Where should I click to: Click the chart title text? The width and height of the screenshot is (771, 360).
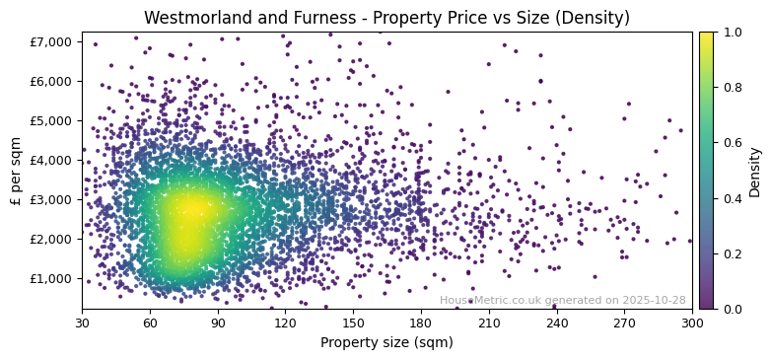click(x=386, y=18)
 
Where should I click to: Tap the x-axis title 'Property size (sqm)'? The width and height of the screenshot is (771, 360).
click(x=386, y=343)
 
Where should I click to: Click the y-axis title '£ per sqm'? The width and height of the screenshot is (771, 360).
click(x=17, y=171)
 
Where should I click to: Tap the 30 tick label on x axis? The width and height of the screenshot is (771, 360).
click(x=82, y=323)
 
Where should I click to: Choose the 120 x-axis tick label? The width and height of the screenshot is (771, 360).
click(x=285, y=323)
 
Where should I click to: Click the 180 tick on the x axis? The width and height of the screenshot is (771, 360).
click(x=421, y=323)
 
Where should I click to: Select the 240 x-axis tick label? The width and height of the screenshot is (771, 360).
click(x=556, y=323)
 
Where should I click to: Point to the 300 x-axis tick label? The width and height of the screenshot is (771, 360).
click(x=692, y=323)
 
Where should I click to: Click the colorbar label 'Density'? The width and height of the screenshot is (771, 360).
click(x=755, y=171)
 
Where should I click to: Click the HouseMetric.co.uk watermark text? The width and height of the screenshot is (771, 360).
click(x=562, y=300)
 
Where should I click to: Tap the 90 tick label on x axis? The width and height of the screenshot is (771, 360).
click(x=218, y=323)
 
